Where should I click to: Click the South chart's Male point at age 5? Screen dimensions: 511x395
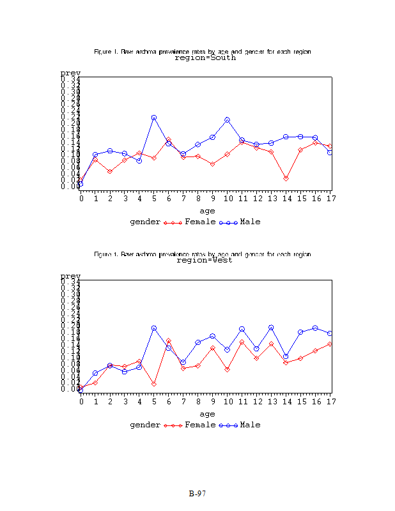(x=154, y=118)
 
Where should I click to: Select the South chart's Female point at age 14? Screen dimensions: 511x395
(x=286, y=178)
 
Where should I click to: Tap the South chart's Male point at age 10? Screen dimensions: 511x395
(x=227, y=119)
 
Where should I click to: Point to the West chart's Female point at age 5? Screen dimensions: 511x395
(x=154, y=383)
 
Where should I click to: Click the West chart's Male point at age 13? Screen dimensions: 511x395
(x=271, y=328)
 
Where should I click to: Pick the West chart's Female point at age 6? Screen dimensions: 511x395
(x=169, y=341)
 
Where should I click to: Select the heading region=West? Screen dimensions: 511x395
(x=204, y=260)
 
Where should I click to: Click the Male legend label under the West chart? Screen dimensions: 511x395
(x=251, y=425)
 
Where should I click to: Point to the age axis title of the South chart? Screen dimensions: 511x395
(x=207, y=210)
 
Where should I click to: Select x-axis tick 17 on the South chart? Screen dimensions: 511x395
(x=330, y=199)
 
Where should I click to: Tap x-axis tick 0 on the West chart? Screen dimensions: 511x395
(x=81, y=401)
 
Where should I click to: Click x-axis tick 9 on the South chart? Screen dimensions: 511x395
(x=213, y=199)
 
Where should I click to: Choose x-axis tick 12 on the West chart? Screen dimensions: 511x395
(x=256, y=401)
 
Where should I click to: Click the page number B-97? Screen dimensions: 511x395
(x=197, y=494)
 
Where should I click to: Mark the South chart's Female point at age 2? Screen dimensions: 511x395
(x=110, y=171)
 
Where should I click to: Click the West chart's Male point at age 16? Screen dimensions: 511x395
(x=315, y=328)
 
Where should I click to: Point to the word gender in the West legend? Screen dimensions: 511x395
(x=144, y=425)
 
